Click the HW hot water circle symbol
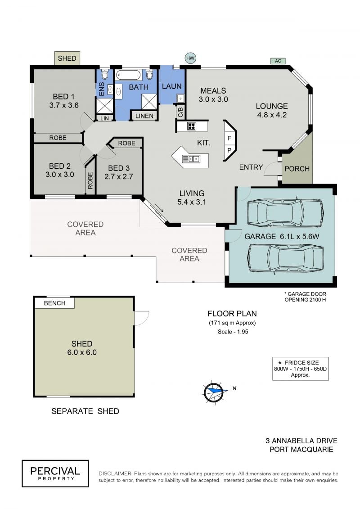coord(190,59)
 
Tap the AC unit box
coord(278,61)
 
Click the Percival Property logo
coord(55,473)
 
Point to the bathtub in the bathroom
coord(128,75)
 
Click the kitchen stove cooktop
coord(192,126)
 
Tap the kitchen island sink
coord(191,159)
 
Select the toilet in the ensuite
coord(104,74)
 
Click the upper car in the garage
coord(285,213)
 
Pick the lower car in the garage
coord(285,257)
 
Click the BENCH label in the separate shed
coord(54,303)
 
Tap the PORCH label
coord(297,169)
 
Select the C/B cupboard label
coord(180,111)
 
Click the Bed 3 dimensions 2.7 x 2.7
coord(118,176)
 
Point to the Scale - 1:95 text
coord(233,331)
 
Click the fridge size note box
coord(300,369)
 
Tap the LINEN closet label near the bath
coord(144,116)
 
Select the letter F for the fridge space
coord(229,138)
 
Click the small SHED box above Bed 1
coord(67,59)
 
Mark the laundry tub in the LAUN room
coord(180,98)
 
